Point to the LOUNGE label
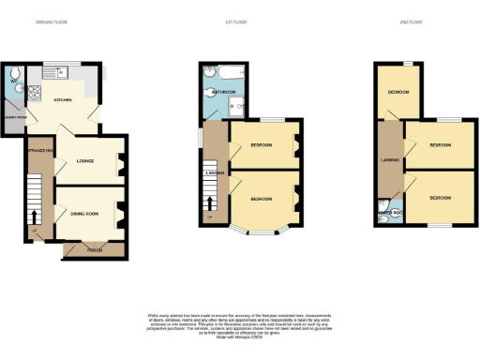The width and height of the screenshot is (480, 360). point(86,161)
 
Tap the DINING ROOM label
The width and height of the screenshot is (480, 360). point(84,214)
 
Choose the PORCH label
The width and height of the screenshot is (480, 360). point(94,249)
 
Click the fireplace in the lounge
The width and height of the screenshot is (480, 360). point(123,166)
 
